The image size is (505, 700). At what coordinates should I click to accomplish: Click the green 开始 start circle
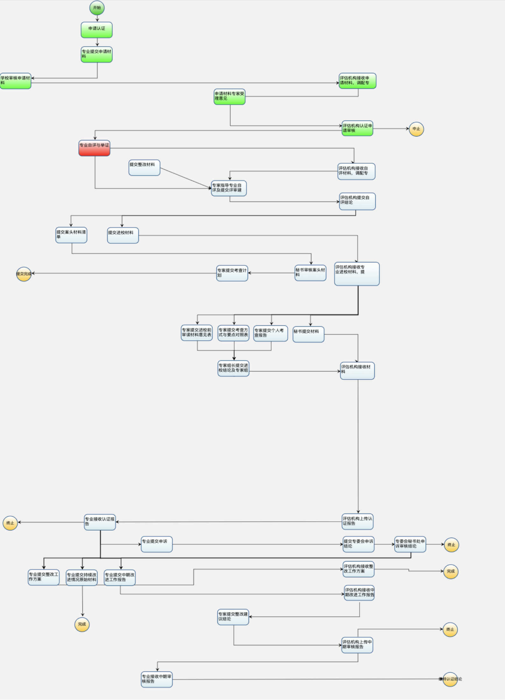(x=97, y=8)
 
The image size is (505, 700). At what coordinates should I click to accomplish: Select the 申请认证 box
(x=96, y=30)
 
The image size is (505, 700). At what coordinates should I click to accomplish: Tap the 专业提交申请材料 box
(x=96, y=54)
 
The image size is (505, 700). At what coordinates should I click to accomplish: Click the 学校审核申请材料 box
(x=15, y=81)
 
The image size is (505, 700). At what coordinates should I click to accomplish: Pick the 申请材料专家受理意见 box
(x=229, y=96)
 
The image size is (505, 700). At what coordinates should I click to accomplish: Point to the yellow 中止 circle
(x=416, y=129)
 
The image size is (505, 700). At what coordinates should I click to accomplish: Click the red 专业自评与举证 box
(x=94, y=148)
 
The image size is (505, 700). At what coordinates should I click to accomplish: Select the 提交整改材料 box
(x=144, y=167)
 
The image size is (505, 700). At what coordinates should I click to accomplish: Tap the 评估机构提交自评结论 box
(x=357, y=201)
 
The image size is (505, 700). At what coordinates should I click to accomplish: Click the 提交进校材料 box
(x=123, y=235)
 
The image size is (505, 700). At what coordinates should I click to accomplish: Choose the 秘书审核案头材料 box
(x=310, y=273)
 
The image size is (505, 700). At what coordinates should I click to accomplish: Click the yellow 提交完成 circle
(x=24, y=274)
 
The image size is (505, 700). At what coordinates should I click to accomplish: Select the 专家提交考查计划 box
(x=232, y=273)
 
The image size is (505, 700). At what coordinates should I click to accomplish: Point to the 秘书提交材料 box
(x=308, y=334)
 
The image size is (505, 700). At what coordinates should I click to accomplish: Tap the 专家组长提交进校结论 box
(x=233, y=368)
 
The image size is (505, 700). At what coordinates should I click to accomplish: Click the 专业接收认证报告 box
(x=100, y=522)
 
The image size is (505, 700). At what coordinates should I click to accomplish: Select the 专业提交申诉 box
(x=157, y=544)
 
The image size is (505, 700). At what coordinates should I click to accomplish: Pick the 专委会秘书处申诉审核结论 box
(x=410, y=544)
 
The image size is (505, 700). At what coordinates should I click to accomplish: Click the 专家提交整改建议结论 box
(x=233, y=617)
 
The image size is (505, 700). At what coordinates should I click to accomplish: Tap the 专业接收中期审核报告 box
(x=157, y=679)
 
